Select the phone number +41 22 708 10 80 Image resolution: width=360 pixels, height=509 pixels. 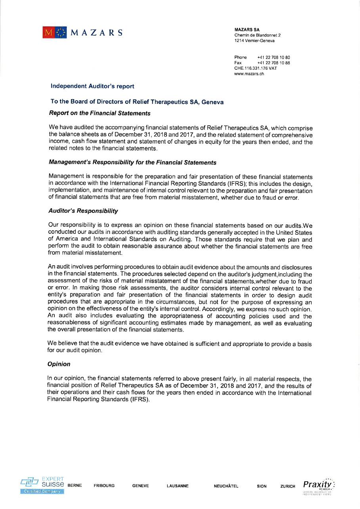click(274, 57)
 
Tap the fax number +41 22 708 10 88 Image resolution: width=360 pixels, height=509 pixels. click(274, 63)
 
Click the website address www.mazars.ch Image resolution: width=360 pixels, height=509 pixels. click(249, 73)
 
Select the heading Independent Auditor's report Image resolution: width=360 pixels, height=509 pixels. click(92, 86)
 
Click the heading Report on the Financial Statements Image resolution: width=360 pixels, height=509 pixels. click(100, 113)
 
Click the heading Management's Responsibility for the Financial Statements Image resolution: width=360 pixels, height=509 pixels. click(132, 163)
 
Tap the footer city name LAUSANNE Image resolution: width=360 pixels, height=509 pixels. click(178, 486)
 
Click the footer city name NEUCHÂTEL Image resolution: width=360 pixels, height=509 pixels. click(226, 486)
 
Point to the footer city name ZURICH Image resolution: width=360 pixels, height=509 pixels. click(287, 486)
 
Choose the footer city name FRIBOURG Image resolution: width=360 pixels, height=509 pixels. click(104, 486)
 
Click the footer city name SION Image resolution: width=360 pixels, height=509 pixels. click(262, 486)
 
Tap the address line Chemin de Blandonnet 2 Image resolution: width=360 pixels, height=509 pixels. click(258, 35)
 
